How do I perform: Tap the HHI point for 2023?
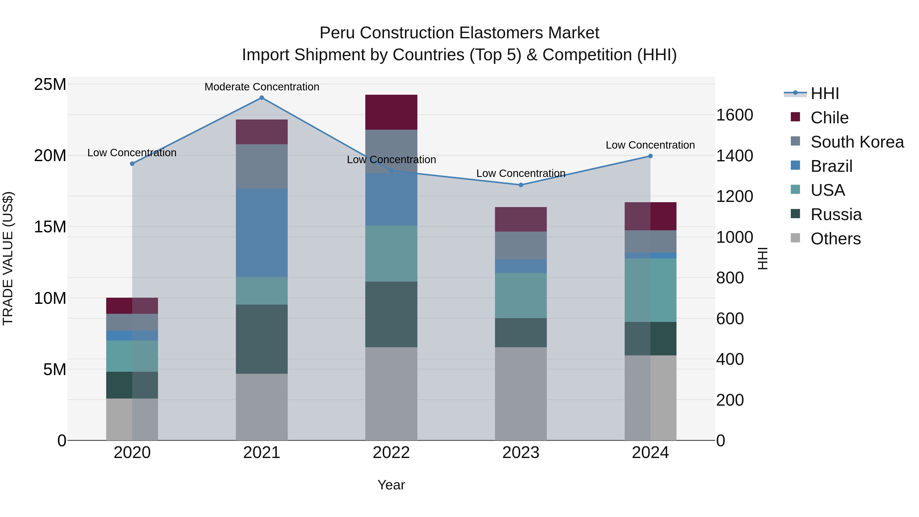coord(521,185)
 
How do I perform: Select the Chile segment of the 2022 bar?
coord(391,112)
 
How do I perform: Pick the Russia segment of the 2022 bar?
coord(391,314)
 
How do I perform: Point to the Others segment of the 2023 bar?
coord(521,393)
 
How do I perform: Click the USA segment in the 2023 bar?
coord(521,295)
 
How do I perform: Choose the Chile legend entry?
coord(829,118)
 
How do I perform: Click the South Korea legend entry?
coord(857,142)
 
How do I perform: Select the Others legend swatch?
coord(795,238)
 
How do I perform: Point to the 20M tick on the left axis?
coord(50,155)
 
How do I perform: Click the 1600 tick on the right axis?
coord(734,115)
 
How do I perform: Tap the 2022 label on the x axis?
coord(391,453)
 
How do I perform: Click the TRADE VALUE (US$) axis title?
coord(8,258)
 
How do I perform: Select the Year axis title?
coord(391,485)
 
